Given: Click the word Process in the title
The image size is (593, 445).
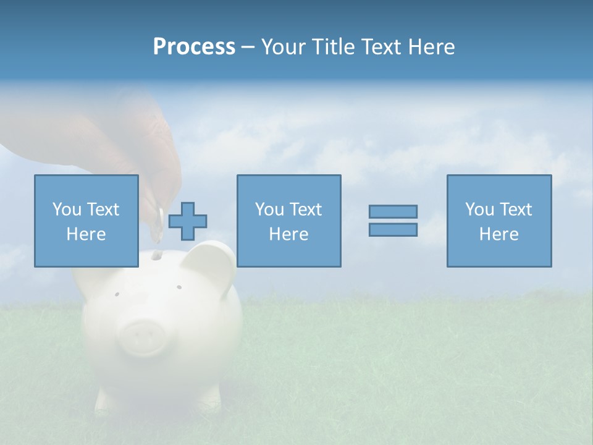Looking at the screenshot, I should [194, 47].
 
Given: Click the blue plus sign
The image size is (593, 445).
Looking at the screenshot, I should [188, 221].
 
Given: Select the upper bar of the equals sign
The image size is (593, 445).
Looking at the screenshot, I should [393, 212].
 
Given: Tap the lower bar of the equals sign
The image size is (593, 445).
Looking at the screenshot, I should [393, 229].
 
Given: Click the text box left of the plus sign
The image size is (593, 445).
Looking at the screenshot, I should [86, 221].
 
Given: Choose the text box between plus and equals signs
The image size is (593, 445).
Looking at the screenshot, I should [288, 221].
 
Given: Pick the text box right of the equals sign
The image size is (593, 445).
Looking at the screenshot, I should [498, 221].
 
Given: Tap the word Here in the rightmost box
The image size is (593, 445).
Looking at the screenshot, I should [498, 234].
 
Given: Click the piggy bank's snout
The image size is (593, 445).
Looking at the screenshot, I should [143, 337].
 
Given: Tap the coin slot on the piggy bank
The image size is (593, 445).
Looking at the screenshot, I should [157, 254].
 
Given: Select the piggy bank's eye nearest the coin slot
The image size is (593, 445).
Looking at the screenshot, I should [179, 287].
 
